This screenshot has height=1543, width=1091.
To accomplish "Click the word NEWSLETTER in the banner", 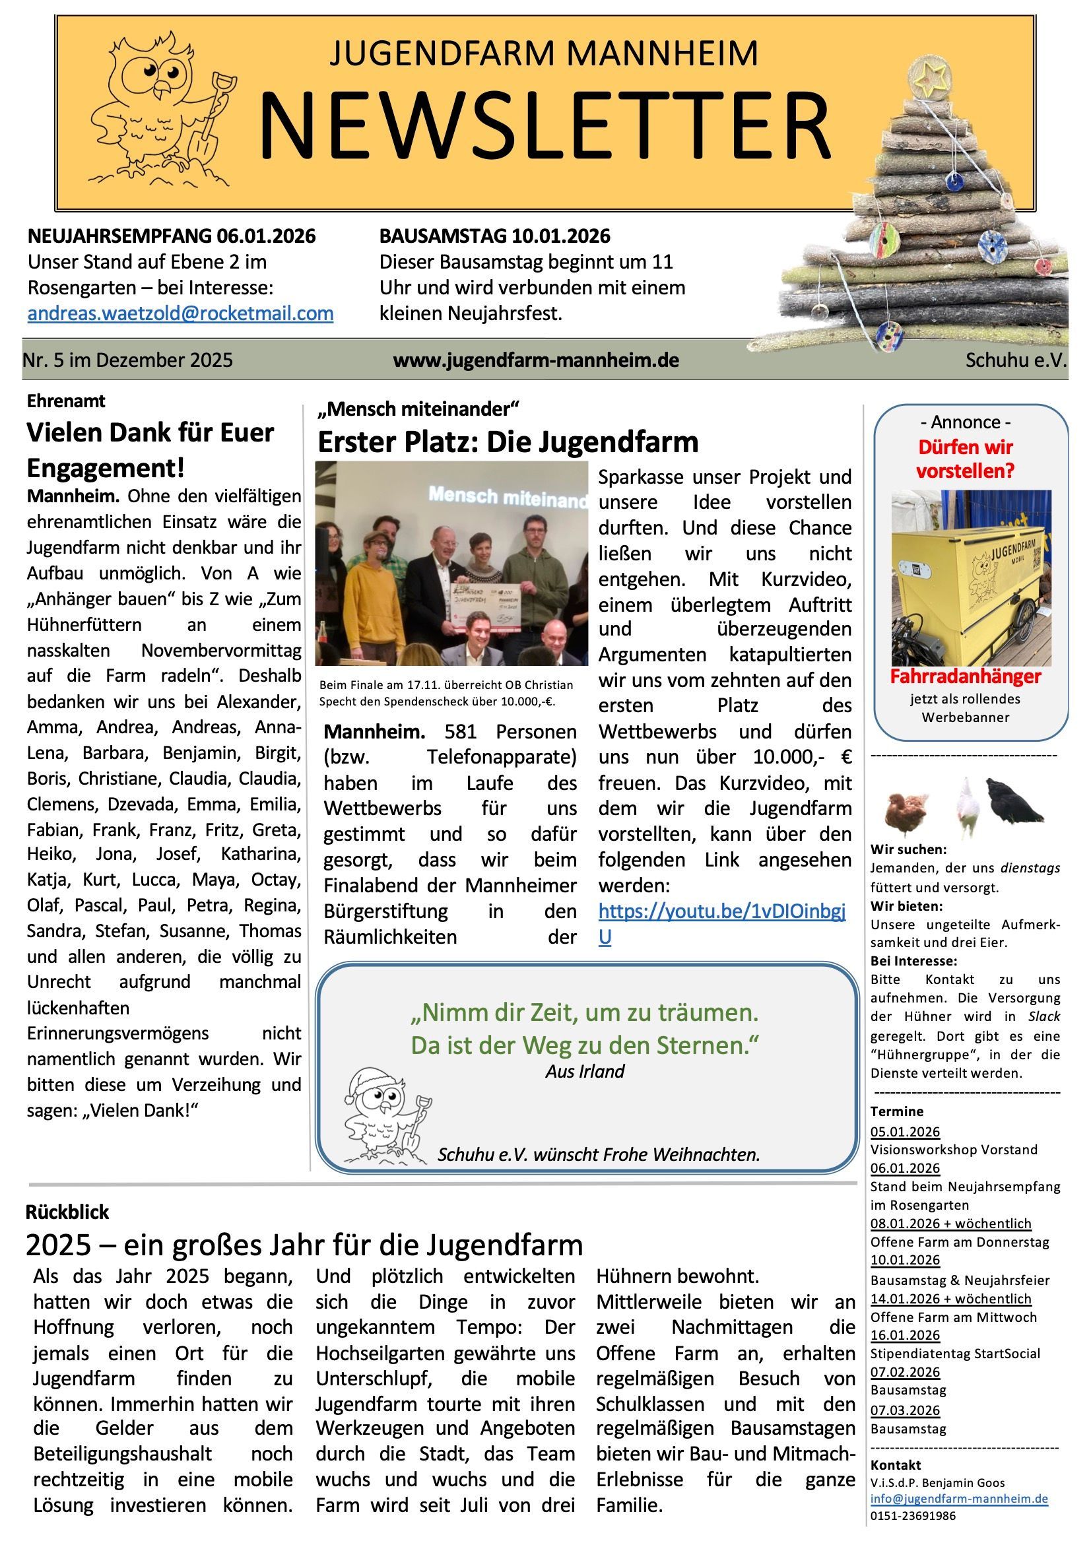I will pos(545,126).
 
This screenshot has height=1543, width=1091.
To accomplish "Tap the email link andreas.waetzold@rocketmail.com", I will pos(180,313).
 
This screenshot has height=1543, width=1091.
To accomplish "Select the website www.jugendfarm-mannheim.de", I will pos(536,360).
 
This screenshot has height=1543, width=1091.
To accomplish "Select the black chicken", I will pos(1013,800).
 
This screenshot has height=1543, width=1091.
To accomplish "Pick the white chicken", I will pos(966,806).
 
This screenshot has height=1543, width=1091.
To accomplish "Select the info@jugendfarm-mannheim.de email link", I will pos(958,1498).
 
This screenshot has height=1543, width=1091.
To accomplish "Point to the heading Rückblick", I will pos(67,1212).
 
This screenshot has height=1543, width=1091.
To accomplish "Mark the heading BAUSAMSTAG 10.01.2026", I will pos(495,236).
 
